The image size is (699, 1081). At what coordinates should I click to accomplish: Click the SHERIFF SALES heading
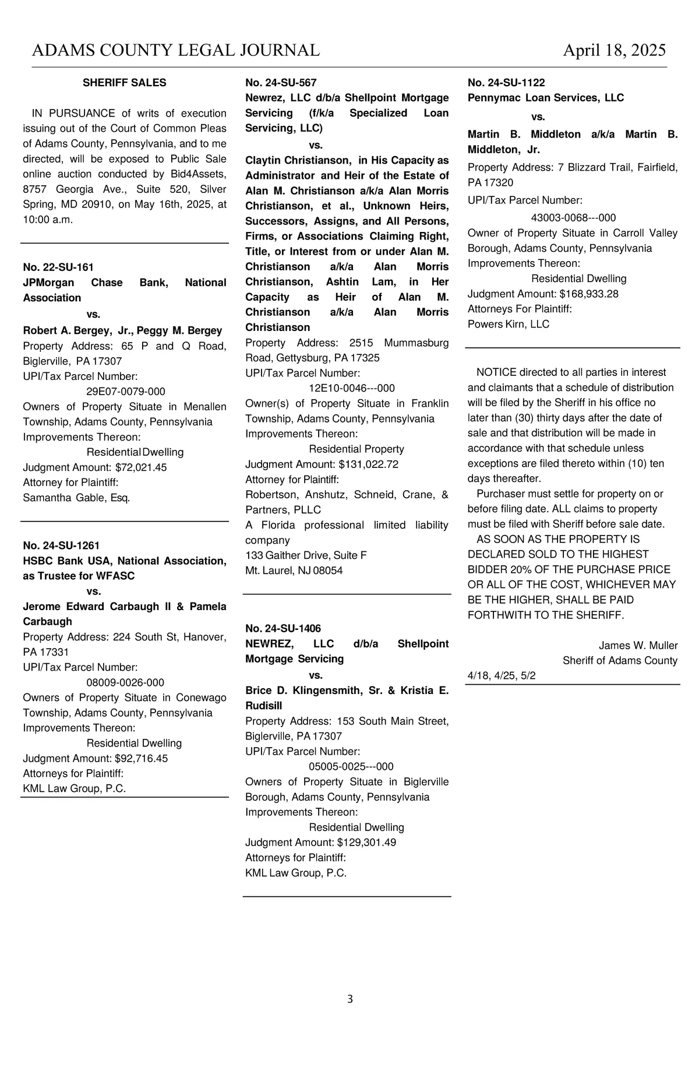pos(124,83)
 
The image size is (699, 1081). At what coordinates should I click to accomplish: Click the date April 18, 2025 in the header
pos(614,51)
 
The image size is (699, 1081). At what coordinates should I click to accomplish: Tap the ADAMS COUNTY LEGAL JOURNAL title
pos(175,51)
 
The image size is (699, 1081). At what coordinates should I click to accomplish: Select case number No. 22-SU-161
pos(58,267)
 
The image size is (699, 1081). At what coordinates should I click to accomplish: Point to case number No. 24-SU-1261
pos(61,545)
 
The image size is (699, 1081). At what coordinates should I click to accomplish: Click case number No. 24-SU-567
pos(281,83)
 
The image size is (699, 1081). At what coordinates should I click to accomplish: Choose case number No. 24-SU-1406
pos(283,628)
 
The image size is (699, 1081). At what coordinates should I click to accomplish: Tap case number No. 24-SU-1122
pos(506,83)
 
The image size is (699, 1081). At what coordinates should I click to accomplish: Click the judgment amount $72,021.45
pos(141,467)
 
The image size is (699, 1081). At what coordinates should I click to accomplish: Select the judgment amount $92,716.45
pos(142,758)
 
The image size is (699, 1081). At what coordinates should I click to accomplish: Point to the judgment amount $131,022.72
pos(368,464)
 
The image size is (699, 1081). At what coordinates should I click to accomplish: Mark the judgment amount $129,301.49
pos(367,842)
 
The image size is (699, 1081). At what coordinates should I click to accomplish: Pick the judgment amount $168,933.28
pos(589,294)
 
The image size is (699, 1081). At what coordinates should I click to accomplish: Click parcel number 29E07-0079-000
pos(126,392)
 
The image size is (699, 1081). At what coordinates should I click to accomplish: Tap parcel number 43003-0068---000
pos(573,218)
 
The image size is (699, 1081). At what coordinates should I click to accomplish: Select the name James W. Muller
pos(638,645)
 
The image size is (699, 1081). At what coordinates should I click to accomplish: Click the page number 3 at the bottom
pos(350,999)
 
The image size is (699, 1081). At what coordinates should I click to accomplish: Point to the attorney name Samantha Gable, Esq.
pos(76,498)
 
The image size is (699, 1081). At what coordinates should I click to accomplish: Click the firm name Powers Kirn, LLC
pos(509,324)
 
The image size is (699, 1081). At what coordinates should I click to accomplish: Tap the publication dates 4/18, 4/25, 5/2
pos(502,675)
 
